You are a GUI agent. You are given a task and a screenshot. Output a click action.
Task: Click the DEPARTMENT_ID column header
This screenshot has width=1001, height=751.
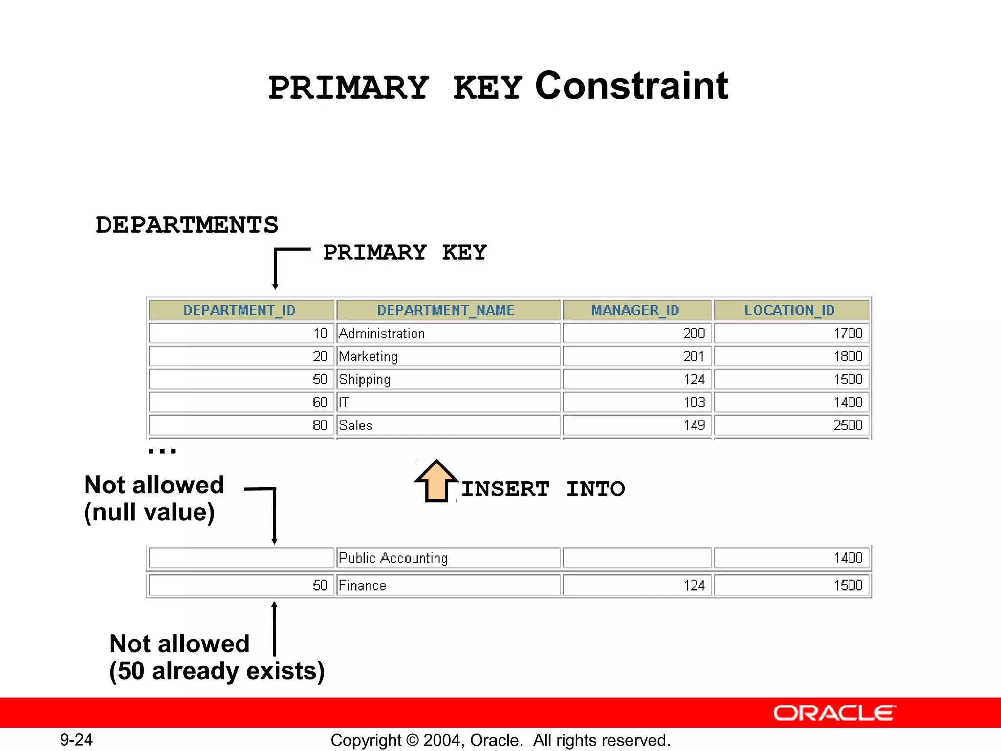(x=239, y=310)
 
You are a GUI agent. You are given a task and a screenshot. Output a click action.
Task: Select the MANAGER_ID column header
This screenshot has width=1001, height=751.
(x=635, y=310)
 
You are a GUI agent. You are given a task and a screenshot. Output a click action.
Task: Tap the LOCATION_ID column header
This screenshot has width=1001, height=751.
(x=789, y=310)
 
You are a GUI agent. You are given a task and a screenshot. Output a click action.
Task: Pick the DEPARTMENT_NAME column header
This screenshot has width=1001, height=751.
(x=446, y=310)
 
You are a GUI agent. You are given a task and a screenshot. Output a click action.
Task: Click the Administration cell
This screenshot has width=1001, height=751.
(x=382, y=333)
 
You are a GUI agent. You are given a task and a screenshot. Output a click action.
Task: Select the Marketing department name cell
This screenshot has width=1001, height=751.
(x=368, y=356)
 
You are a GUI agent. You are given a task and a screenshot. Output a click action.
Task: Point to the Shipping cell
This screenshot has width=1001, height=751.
(x=365, y=379)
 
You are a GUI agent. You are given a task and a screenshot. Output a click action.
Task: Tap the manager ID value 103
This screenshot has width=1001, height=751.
(x=694, y=402)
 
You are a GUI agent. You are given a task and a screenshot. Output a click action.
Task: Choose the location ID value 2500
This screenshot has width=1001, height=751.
(x=848, y=425)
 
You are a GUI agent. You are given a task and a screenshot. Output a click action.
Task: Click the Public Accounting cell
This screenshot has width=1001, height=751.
(x=393, y=558)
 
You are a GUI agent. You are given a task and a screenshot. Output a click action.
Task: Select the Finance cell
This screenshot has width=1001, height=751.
(x=362, y=585)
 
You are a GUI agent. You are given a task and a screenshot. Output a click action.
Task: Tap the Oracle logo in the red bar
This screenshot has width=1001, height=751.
(x=834, y=713)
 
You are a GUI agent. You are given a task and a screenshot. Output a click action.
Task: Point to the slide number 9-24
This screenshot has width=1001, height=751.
(x=76, y=740)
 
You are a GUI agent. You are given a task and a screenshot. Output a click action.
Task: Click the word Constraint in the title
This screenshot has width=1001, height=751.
(x=631, y=86)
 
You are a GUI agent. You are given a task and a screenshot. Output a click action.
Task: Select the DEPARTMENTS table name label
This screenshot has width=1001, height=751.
(x=187, y=225)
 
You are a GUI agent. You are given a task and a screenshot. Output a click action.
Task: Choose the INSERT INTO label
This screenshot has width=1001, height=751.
(x=543, y=489)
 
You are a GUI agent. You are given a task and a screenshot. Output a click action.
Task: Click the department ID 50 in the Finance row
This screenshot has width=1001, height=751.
(x=320, y=585)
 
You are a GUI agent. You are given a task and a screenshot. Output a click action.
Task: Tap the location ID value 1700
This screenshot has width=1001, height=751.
(x=848, y=333)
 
